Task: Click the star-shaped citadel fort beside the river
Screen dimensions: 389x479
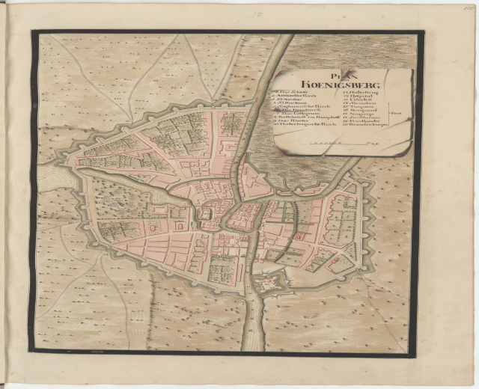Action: click(267, 284)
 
